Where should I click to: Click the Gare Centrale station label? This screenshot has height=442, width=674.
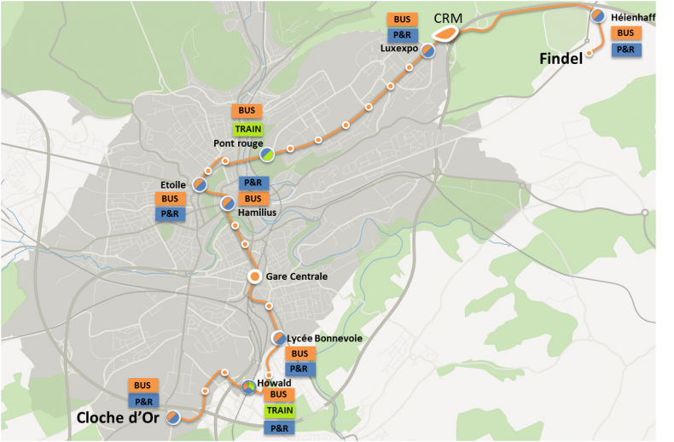coord(297,276)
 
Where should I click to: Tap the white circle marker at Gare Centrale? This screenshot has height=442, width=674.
coord(254,276)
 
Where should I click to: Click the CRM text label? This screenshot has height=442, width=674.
coord(449,17)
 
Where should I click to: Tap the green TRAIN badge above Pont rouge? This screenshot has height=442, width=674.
coord(247,128)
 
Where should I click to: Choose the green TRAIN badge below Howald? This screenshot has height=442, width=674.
coord(279,410)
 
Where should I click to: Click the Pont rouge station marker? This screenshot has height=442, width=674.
coord(267,154)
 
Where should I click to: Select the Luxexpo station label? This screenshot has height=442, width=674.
coord(400,49)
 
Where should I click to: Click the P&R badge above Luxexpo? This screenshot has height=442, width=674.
coord(401,35)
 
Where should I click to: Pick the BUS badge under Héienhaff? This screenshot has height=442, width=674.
coord(625,33)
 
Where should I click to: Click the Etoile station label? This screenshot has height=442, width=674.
coord(173,184)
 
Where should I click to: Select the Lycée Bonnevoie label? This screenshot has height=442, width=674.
coord(325,339)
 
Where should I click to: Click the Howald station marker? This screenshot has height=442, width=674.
coord(247,387)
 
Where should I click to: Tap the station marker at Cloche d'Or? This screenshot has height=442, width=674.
coord(173,417)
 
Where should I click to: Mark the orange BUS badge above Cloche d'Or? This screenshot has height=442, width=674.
coord(143,385)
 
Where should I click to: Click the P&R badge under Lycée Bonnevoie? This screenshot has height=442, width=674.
coord(299,369)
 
